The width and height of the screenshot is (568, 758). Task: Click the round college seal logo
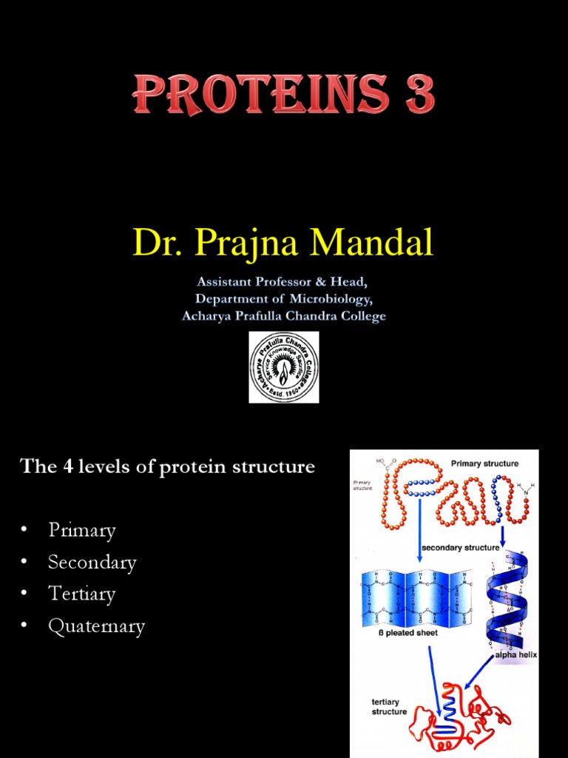click(x=284, y=367)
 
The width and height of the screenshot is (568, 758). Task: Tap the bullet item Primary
click(x=82, y=530)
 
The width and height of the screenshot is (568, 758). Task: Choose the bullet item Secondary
click(x=92, y=562)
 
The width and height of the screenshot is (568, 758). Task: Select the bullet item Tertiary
click(x=82, y=594)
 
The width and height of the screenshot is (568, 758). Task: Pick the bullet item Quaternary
click(x=96, y=626)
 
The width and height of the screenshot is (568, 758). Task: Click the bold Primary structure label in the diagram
click(x=484, y=463)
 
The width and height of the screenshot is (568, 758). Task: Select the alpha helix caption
click(x=517, y=654)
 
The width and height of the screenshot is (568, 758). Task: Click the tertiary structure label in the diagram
click(x=389, y=706)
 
